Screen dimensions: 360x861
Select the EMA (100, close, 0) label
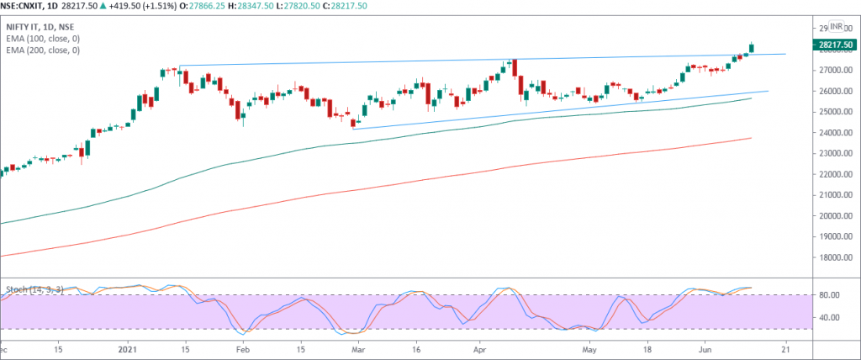[41, 39]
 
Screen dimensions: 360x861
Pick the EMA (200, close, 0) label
[41, 50]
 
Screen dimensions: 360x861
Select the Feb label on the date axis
[242, 347]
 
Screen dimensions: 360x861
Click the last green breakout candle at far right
[752, 48]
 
